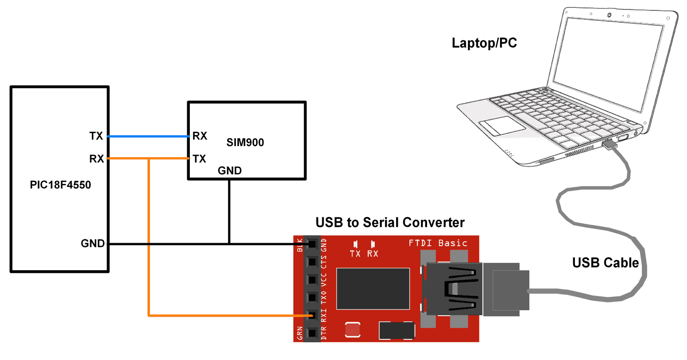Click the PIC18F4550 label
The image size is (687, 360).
coord(60,185)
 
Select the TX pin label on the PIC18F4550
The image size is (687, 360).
coord(96,136)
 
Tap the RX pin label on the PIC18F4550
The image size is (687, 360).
coord(96,159)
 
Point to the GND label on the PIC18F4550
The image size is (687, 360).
coord(92,244)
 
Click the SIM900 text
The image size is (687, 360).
coord(245,143)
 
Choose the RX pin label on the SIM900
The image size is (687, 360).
coord(200,136)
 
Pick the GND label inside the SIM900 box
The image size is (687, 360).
coord(229,171)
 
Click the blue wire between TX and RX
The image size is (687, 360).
coord(148,136)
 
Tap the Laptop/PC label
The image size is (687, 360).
coord(484,43)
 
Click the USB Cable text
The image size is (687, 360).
coord(605,262)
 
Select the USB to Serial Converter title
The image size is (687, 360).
coord(390,223)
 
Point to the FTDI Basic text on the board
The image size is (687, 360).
coord(437,243)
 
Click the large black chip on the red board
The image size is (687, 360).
coord(373,289)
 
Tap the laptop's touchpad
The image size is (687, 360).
coord(502,125)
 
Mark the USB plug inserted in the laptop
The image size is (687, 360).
coord(609,144)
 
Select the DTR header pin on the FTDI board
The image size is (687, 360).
coord(312,333)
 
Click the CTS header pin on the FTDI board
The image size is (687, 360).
coord(312,262)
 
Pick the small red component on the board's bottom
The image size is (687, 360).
coord(352,330)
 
